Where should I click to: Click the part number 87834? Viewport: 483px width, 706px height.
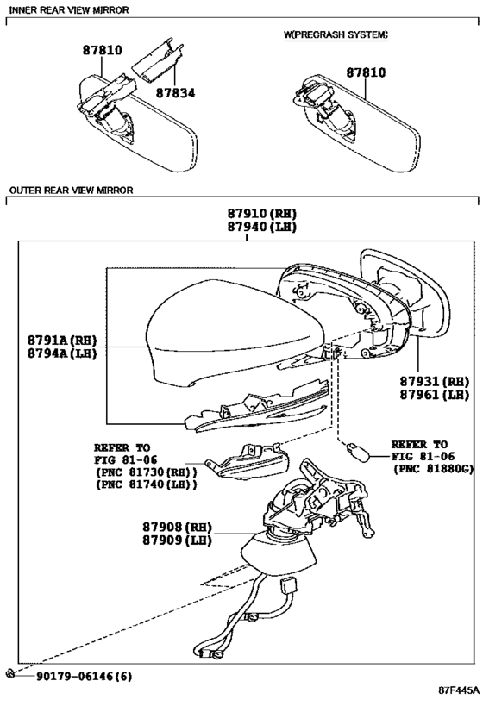[176, 93]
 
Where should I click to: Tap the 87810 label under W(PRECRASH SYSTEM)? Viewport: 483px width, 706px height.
[366, 72]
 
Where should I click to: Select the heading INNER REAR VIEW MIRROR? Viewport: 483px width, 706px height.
[69, 9]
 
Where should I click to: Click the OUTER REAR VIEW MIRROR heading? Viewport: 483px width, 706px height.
[72, 191]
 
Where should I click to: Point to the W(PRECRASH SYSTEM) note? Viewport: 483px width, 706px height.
[336, 34]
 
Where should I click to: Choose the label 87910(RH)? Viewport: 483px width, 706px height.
[262, 214]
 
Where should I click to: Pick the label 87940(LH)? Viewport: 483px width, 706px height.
[262, 227]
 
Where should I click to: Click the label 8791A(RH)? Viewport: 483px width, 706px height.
[62, 340]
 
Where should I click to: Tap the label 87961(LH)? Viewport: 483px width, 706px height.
[435, 395]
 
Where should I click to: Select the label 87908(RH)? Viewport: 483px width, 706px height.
[177, 527]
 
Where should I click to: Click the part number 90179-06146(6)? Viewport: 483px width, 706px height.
[85, 676]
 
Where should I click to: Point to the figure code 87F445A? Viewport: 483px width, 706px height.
[459, 690]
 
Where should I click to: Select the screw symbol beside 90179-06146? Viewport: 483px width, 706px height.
[10, 673]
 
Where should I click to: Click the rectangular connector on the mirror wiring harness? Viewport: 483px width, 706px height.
[287, 587]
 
